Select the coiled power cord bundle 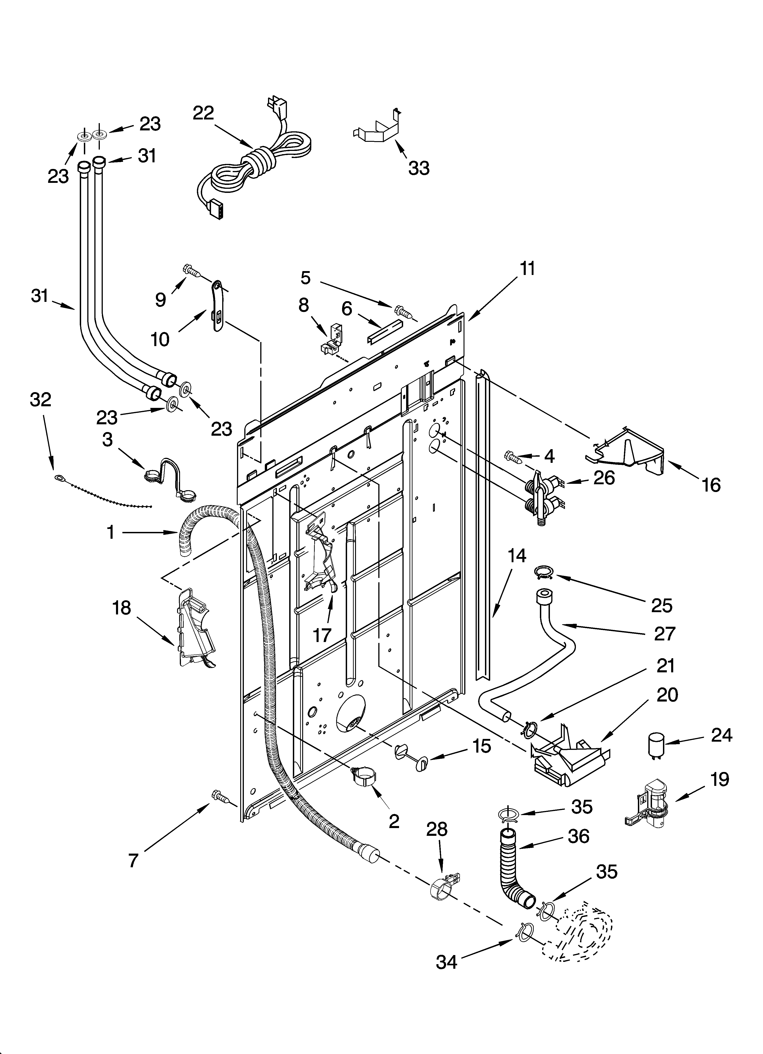point(260,160)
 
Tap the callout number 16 point(711,485)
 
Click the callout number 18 point(122,608)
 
